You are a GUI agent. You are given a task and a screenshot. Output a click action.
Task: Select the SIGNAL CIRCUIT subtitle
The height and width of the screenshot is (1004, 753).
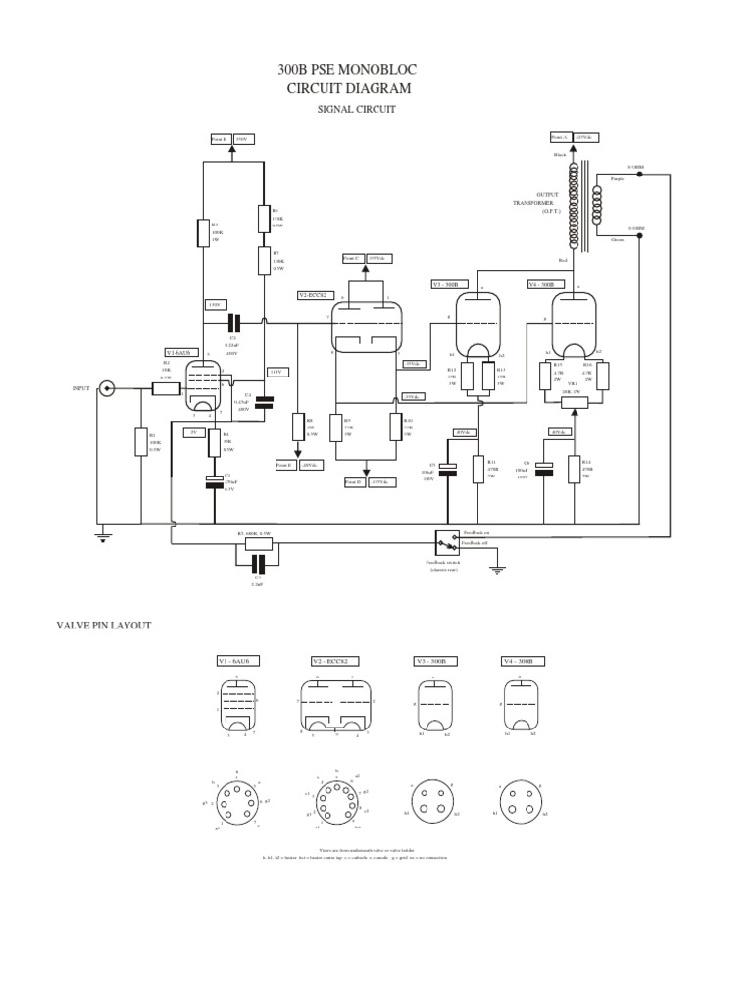pyautogui.click(x=355, y=110)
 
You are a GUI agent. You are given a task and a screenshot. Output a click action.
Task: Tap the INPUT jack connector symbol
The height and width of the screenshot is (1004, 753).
pyautogui.click(x=107, y=389)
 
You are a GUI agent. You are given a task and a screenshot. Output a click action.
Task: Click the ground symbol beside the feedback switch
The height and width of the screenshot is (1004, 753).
pyautogui.click(x=498, y=567)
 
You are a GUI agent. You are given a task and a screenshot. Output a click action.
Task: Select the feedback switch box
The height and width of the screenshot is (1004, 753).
pyautogui.click(x=446, y=542)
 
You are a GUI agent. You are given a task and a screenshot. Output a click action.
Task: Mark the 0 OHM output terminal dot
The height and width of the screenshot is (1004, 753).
pyautogui.click(x=639, y=229)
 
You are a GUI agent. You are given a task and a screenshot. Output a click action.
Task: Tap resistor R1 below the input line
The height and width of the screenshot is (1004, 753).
pyautogui.click(x=140, y=443)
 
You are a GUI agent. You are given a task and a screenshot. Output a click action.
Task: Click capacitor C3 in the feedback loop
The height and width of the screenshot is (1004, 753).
pyautogui.click(x=259, y=564)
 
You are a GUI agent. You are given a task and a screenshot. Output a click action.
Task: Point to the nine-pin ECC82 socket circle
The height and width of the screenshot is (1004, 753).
pyautogui.click(x=335, y=796)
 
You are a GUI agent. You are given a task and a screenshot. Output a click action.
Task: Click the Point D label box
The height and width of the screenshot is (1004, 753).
pyautogui.click(x=355, y=482)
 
